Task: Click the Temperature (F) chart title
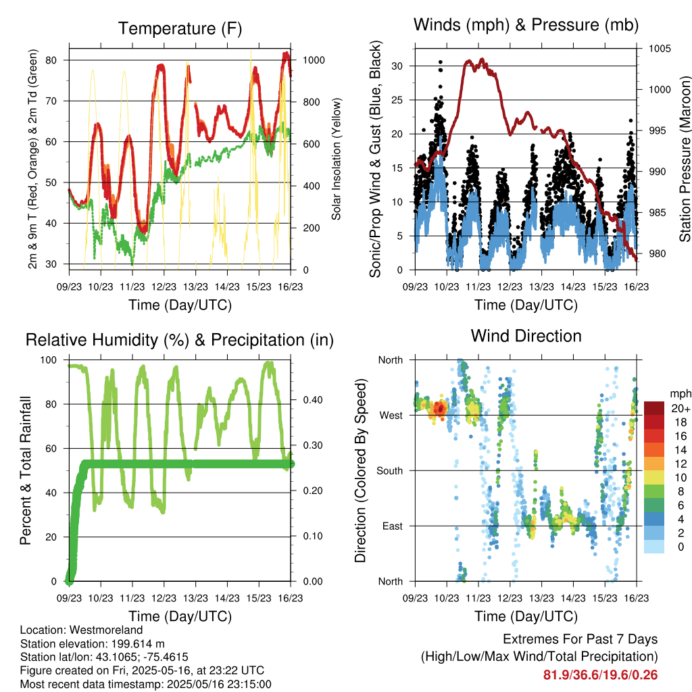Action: coord(180,28)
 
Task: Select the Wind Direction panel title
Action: coord(526,336)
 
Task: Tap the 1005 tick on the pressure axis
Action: coord(660,49)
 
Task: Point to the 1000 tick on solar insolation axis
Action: coord(314,60)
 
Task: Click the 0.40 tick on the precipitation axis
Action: coord(313,400)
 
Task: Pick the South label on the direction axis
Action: coord(390,471)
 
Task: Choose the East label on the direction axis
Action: coord(393,526)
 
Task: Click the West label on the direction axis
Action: coord(391,416)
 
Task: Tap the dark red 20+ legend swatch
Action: coord(654,408)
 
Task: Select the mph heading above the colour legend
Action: coord(680,394)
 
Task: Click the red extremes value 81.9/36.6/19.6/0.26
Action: coord(600,675)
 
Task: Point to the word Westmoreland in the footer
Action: coord(106,630)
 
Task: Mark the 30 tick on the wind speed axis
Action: coord(397,66)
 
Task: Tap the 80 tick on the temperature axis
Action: coord(51,60)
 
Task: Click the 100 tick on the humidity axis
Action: coord(49,360)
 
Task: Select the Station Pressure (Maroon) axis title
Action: coord(685,159)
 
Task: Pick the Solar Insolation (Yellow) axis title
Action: coord(337,159)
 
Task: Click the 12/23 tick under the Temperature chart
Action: coord(164,287)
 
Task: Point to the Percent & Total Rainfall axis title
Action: coord(26,470)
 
